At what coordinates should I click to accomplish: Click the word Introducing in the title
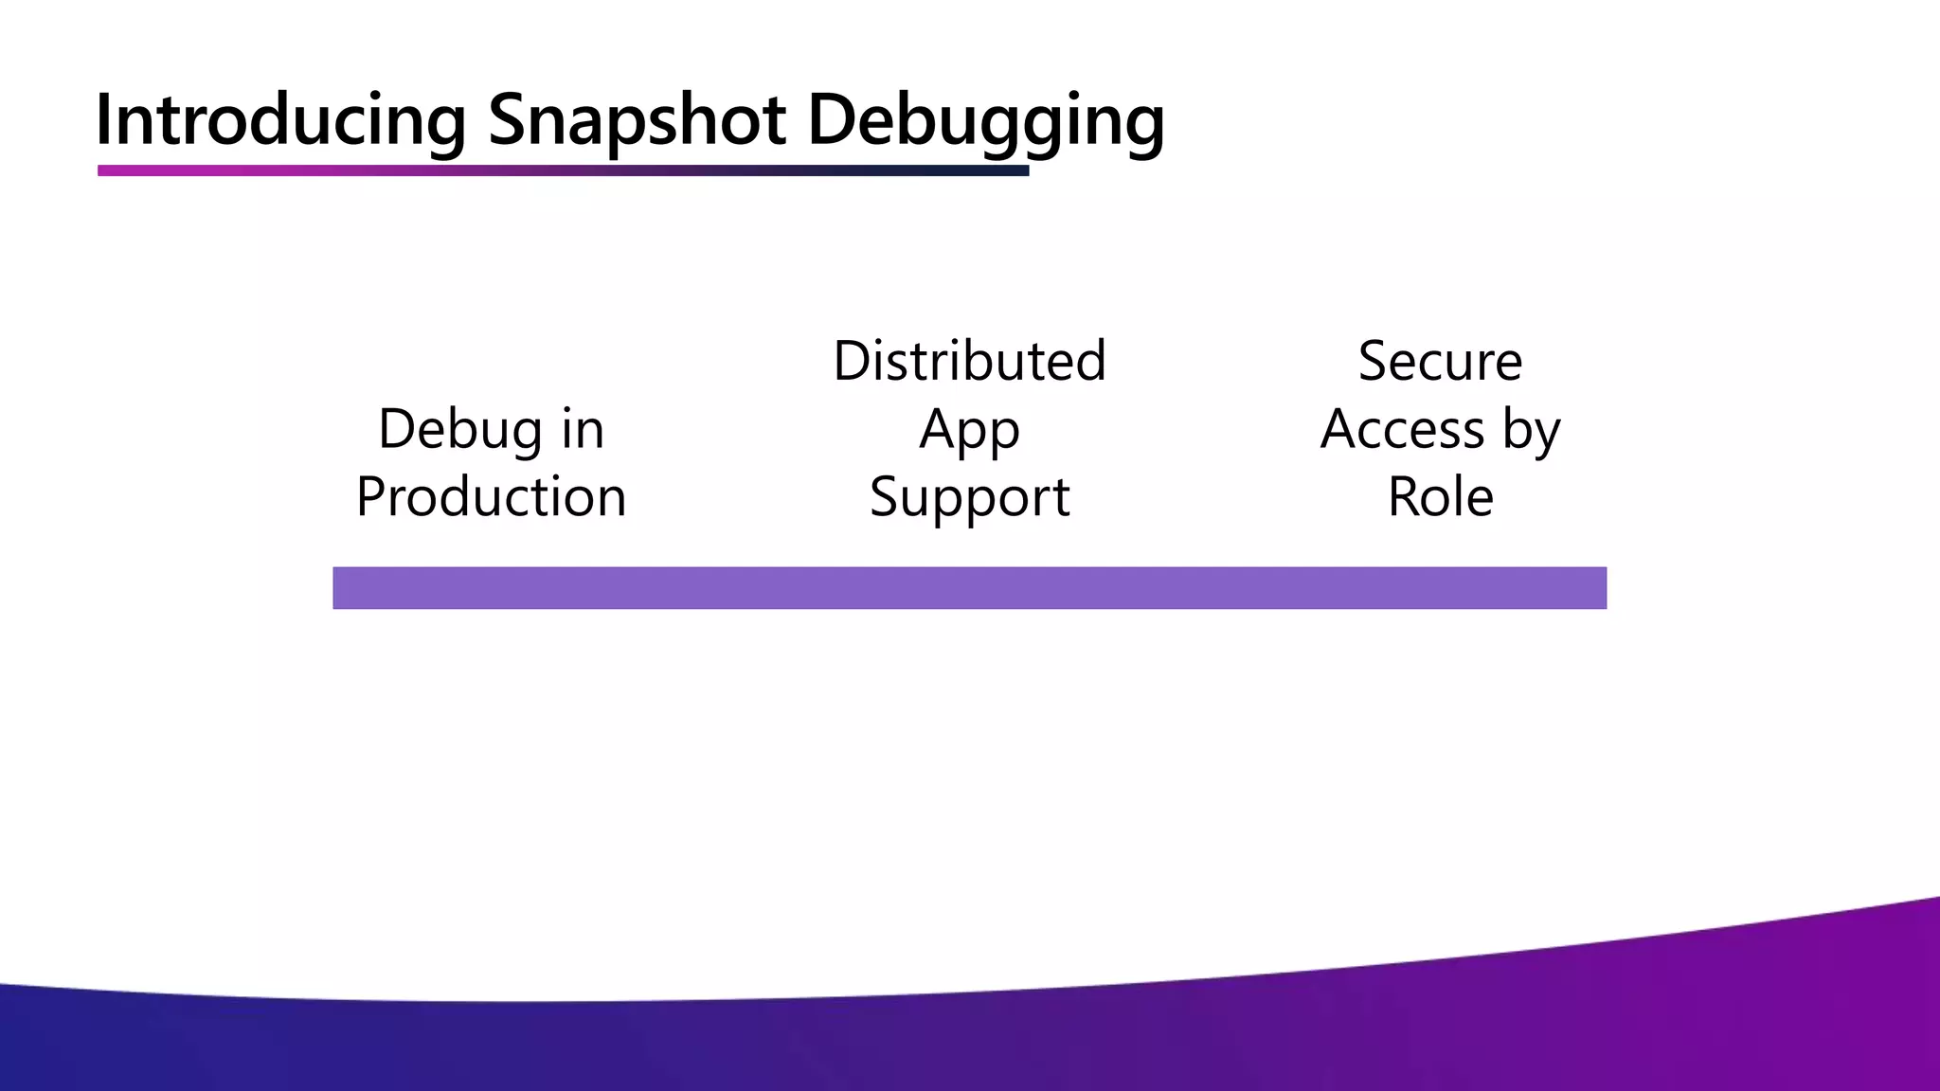280,121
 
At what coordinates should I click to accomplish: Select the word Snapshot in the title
637,121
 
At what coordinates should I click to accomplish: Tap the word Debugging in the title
985,121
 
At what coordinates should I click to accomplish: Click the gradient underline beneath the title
563,170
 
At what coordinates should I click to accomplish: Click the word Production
491,497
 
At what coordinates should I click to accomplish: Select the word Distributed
969,362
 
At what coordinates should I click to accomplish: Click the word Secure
1440,362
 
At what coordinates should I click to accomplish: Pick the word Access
1402,430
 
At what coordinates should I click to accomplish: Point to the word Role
1440,497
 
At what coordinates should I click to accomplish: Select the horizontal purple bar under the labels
969,588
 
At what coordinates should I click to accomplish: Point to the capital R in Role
1403,497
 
